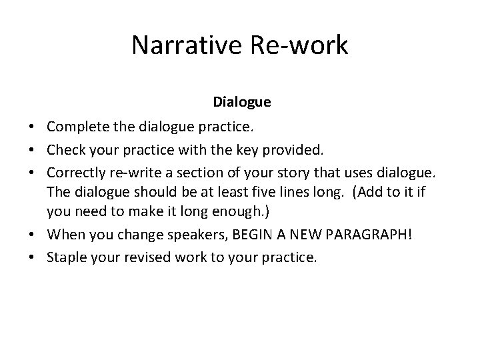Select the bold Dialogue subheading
click(x=242, y=102)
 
